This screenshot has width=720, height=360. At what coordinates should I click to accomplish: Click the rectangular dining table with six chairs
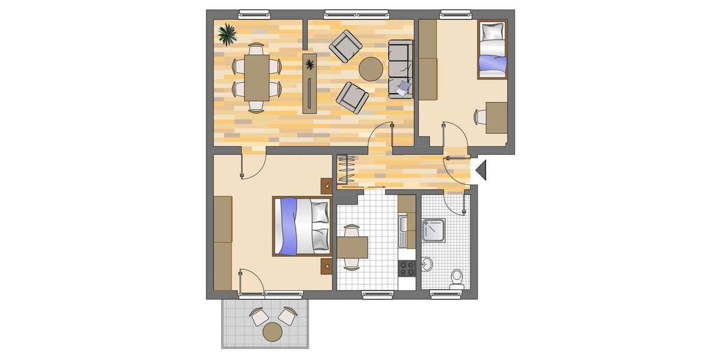[x=257, y=77]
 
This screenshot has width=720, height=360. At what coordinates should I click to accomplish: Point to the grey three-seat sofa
[x=400, y=68]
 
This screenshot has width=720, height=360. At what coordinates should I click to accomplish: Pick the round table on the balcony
[x=273, y=331]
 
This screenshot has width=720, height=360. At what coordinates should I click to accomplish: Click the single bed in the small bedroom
[x=492, y=49]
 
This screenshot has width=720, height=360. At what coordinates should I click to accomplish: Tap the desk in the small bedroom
[x=496, y=118]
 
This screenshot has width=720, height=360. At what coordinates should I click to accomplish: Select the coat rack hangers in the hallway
[x=347, y=170]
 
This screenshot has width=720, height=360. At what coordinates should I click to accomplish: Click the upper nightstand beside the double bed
[x=326, y=187]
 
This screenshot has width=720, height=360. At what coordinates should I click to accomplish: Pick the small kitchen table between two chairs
[x=352, y=247]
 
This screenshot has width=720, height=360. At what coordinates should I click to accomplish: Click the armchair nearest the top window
[x=346, y=46]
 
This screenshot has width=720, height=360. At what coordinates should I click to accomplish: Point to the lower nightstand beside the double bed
[x=326, y=265]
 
